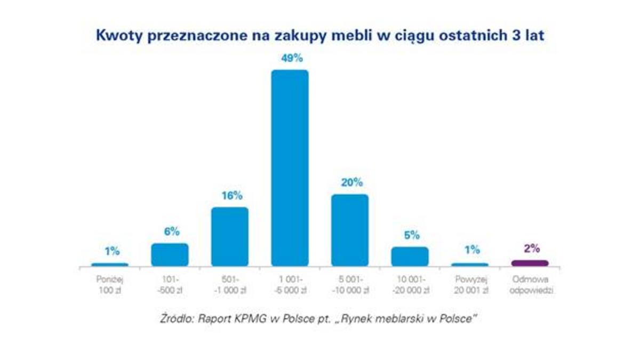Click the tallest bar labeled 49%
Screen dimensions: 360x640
[290, 168]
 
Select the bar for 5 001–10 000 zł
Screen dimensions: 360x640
[350, 230]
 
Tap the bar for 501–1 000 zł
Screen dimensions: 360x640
[230, 236]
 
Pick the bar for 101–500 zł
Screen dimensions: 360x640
[170, 254]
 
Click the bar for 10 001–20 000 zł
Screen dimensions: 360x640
[410, 256]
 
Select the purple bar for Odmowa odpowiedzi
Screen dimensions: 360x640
[530, 263]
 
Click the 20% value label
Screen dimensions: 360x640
[351, 182]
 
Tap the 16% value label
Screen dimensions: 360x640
[231, 195]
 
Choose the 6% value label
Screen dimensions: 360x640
[171, 232]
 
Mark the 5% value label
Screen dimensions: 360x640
[411, 235]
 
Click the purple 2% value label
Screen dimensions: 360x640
[531, 248]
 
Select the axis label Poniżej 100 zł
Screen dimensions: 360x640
[110, 285]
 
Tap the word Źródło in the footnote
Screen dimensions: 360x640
[177, 319]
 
